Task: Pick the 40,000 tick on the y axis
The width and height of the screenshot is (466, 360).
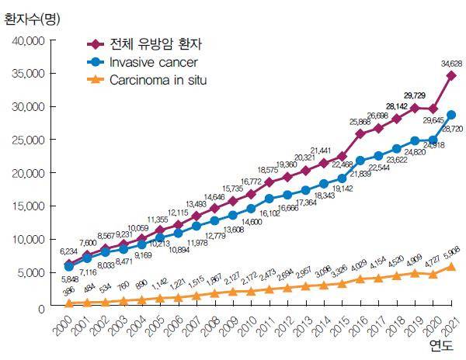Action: click(x=30, y=40)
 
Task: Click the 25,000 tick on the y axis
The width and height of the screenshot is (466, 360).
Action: click(x=30, y=140)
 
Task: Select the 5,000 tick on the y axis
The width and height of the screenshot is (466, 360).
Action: click(x=33, y=273)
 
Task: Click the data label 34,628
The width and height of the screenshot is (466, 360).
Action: click(x=450, y=63)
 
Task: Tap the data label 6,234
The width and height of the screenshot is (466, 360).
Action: click(x=70, y=252)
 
